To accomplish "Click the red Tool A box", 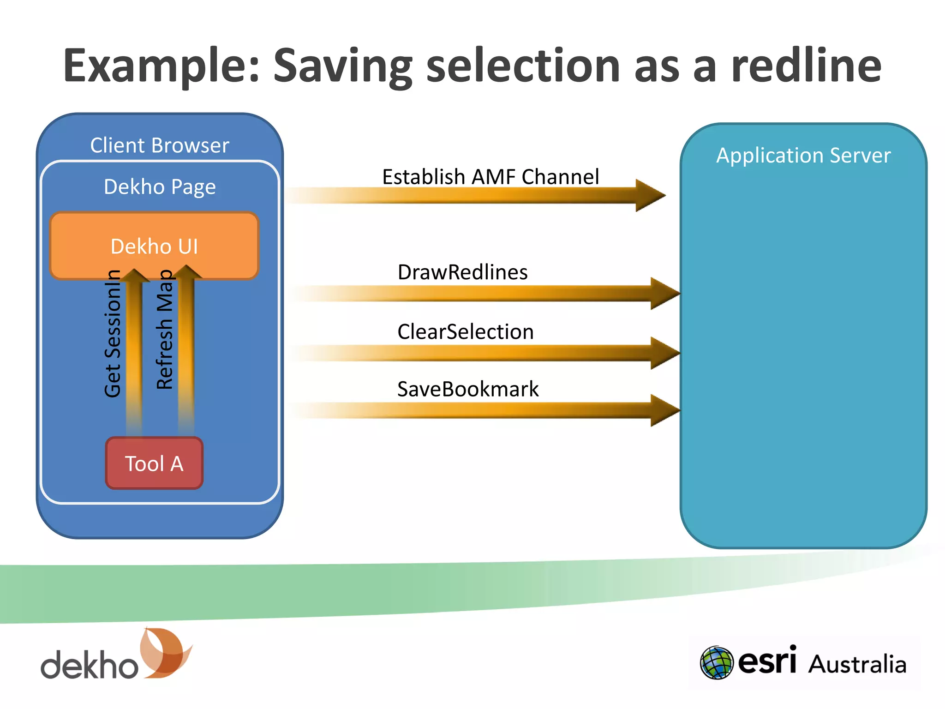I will tap(154, 463).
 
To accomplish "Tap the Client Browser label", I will tap(160, 145).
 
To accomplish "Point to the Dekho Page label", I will tap(160, 187).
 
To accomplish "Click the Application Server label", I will tap(803, 156).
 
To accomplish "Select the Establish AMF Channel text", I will tap(490, 177).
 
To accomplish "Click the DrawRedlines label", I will tap(462, 272).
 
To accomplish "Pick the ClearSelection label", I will tap(465, 332).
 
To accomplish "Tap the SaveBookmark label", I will tap(467, 389).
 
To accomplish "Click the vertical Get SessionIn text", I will tap(113, 333).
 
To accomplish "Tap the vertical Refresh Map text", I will tap(165, 330).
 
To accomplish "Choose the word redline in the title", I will tap(806, 66).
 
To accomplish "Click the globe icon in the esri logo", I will tap(716, 662).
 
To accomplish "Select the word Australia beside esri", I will tap(857, 664).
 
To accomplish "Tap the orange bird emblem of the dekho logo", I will tap(165, 652).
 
